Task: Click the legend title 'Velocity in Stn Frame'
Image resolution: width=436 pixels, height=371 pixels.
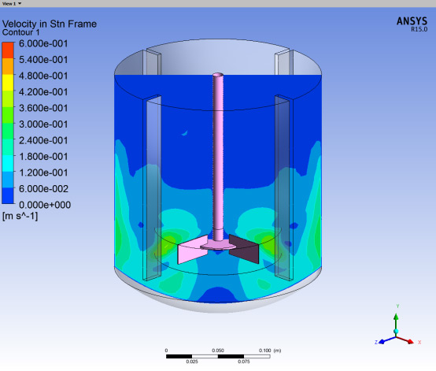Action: click(x=50, y=24)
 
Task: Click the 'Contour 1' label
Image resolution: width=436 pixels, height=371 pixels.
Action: click(x=20, y=32)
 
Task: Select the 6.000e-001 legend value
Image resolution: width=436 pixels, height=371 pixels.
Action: click(x=43, y=43)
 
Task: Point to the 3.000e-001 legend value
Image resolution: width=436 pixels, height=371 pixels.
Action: click(x=43, y=124)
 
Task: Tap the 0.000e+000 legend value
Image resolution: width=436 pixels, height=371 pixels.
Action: click(x=45, y=205)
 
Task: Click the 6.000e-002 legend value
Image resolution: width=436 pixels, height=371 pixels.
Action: click(x=43, y=189)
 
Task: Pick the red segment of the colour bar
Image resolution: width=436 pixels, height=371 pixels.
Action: click(x=8, y=50)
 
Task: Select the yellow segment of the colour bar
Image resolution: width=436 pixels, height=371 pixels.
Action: click(x=8, y=83)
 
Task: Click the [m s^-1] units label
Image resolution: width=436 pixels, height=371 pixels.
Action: click(x=20, y=216)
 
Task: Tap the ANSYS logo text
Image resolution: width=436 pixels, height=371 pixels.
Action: click(x=412, y=21)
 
